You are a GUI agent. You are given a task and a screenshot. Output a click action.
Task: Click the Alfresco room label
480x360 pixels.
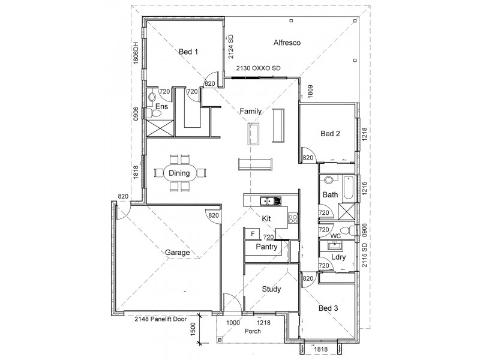[287, 43]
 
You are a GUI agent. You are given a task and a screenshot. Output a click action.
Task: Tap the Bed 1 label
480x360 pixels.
[188, 52]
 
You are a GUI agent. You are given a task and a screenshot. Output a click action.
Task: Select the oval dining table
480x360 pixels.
[179, 173]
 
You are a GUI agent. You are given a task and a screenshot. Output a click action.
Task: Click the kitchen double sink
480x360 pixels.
[271, 201]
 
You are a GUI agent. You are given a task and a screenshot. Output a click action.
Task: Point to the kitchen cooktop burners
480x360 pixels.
[293, 218]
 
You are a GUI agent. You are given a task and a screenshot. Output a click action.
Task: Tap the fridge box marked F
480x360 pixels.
[253, 234]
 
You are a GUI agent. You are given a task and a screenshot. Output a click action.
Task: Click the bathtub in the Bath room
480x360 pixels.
[349, 187]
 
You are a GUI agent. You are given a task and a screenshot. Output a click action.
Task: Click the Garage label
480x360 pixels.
[177, 253]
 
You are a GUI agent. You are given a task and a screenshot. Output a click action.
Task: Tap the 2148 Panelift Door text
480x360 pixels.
[161, 319]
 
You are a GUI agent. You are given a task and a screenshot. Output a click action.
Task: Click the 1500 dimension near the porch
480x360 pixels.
[193, 329]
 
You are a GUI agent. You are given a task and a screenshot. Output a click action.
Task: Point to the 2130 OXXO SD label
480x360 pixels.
[258, 68]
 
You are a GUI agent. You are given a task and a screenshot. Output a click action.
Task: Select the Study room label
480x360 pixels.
[271, 289]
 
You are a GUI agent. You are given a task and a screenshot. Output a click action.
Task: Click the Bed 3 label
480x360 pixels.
[328, 308]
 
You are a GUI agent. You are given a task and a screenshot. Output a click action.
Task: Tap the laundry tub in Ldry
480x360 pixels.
[335, 245]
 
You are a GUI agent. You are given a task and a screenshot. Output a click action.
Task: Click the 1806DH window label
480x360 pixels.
[136, 53]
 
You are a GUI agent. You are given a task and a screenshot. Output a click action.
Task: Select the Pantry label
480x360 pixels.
[266, 247]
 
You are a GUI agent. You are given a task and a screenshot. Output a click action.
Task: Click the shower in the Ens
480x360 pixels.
[160, 128]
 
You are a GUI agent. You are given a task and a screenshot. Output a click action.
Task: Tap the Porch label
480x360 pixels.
[253, 331]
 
